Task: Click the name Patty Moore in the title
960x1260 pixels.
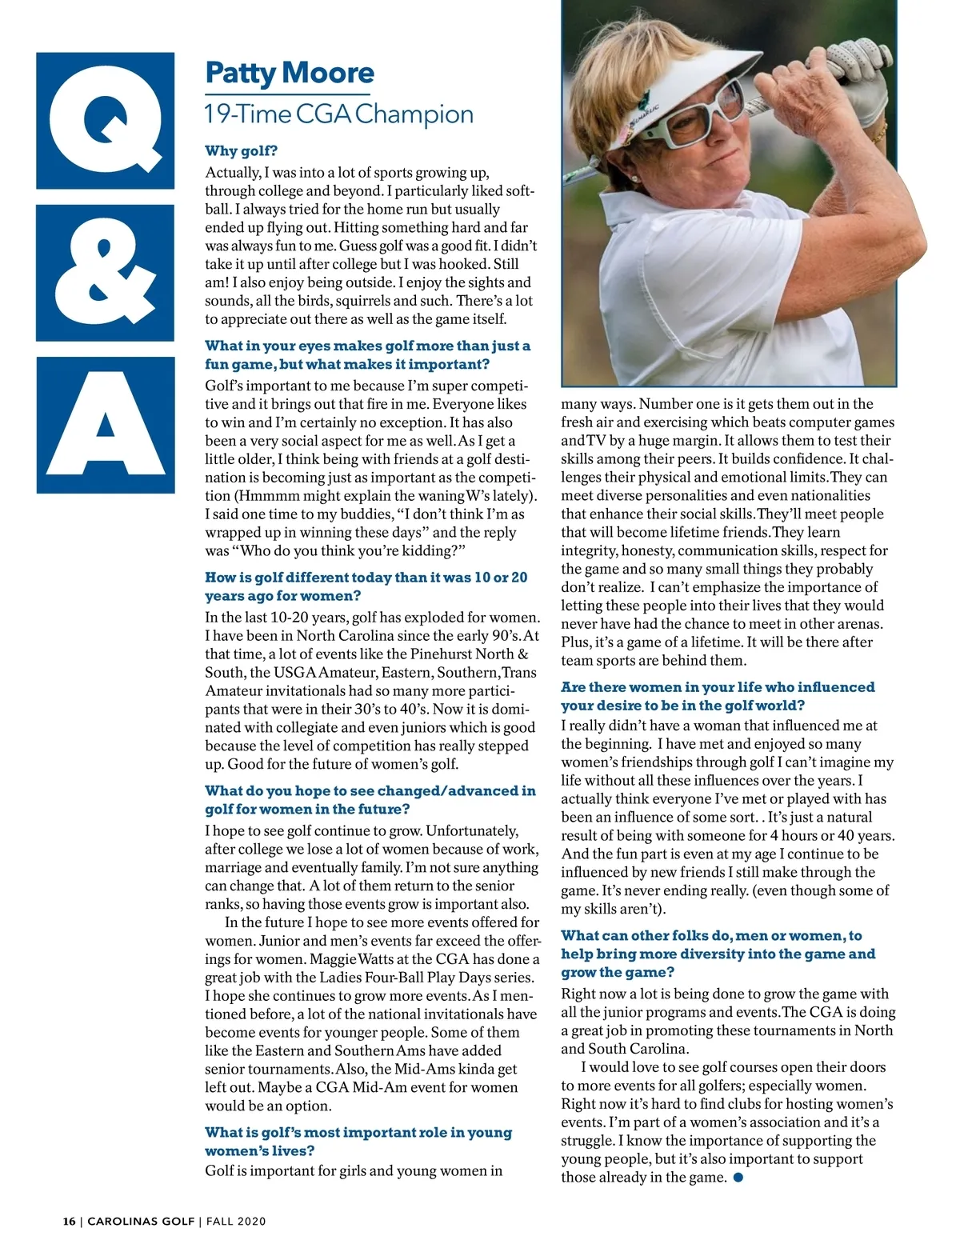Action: (x=289, y=74)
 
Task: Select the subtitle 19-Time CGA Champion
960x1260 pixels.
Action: (x=338, y=114)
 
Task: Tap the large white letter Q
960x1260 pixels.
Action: (x=105, y=120)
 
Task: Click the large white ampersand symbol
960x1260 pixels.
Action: (x=105, y=272)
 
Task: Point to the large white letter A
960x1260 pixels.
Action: (x=105, y=426)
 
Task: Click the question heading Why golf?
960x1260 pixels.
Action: (x=241, y=151)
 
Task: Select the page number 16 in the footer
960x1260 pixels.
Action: (x=70, y=1221)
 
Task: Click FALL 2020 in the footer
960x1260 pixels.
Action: (x=236, y=1221)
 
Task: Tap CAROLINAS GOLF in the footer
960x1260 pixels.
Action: (x=141, y=1221)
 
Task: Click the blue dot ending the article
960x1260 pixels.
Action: (x=738, y=1177)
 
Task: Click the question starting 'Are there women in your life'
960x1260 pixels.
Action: (x=717, y=696)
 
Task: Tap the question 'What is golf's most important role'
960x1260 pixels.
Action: (x=358, y=1141)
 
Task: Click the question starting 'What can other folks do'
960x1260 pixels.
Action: (x=717, y=954)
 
